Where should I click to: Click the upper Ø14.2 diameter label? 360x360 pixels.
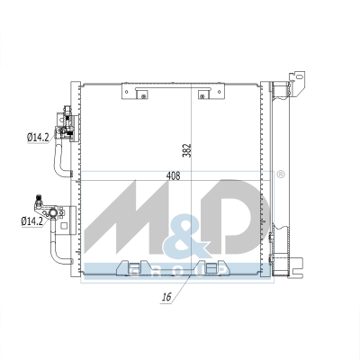pos(38,138)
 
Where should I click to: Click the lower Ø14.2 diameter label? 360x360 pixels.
pos(32,221)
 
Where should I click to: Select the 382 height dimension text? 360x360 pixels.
pos(186,150)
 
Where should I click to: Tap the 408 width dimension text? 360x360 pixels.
pos(173,175)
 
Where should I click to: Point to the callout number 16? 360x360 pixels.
pos(166,297)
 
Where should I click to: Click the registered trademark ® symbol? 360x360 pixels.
pos(280,175)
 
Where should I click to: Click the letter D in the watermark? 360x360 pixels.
pos(237,215)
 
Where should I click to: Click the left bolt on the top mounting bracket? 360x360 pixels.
pos(143,96)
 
